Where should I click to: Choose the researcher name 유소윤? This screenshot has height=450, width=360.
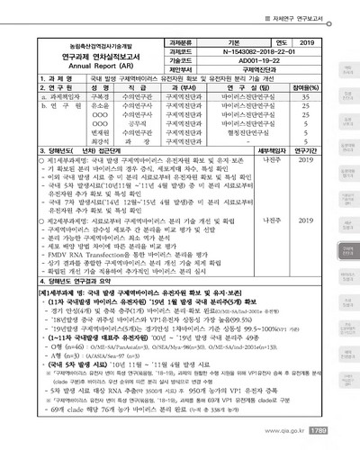(100, 107)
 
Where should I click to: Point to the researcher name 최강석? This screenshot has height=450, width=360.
(100, 142)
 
